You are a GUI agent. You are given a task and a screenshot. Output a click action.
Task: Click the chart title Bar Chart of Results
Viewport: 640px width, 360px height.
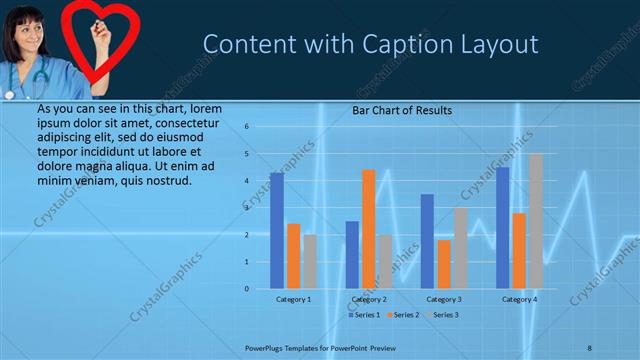[x=402, y=110]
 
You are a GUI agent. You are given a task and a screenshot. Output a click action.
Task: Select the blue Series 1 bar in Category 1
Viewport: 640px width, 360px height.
[x=277, y=231]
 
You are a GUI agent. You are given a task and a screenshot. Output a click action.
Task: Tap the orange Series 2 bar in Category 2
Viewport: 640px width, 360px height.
[x=368, y=229]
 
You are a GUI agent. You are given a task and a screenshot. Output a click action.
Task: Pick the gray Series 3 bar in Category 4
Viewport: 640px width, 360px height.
[x=535, y=221]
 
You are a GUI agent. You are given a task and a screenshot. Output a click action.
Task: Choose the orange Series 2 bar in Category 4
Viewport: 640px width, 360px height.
[x=519, y=250]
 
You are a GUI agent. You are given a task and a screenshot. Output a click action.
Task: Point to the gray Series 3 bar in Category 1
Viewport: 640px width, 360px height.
[x=310, y=261]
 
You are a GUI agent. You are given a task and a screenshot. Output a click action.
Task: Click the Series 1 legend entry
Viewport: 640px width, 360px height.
[x=364, y=315]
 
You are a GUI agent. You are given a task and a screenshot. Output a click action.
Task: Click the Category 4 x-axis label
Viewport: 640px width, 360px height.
[x=519, y=299]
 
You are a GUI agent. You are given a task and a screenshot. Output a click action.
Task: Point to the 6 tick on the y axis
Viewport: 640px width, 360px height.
[x=246, y=127]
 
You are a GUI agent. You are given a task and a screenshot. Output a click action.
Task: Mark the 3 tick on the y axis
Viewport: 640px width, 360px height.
[x=246, y=208]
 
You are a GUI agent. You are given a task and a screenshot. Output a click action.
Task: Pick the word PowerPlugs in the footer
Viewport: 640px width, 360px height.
[x=268, y=348]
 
